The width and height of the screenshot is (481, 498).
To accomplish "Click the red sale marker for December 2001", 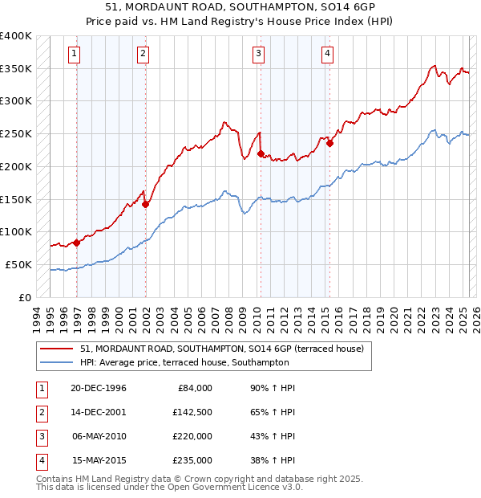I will point(146,204).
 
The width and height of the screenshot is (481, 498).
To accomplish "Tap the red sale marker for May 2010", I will point(261,153).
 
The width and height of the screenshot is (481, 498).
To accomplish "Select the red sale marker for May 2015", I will point(329,144).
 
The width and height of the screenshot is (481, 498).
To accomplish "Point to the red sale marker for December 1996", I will point(77,242).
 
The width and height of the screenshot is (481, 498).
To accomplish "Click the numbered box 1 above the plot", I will point(74,54).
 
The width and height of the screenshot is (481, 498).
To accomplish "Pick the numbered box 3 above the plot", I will point(259,54).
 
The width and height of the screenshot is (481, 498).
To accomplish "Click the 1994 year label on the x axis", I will point(36,315).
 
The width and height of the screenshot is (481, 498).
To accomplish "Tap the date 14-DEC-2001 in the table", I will point(98,411).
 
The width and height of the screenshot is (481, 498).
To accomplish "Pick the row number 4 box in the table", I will point(39,460).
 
